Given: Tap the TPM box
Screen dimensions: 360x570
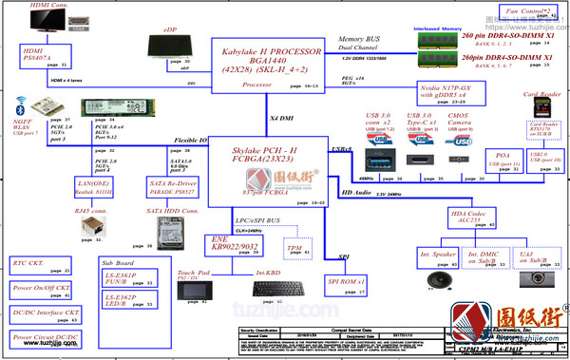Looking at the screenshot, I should tap(294, 249).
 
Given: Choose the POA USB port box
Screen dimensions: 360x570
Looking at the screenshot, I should tap(503, 161).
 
